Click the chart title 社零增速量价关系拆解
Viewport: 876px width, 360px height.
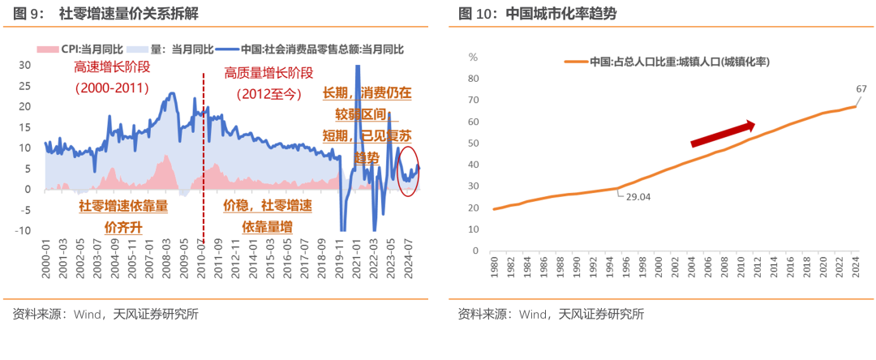point(129,15)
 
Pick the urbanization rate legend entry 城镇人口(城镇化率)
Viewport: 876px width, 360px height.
point(680,62)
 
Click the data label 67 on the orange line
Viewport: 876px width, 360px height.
point(861,88)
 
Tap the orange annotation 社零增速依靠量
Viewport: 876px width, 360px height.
point(122,206)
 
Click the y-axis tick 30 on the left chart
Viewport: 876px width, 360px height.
point(24,65)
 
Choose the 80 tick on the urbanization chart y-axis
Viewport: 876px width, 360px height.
point(474,79)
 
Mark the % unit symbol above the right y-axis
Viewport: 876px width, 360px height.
point(473,58)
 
